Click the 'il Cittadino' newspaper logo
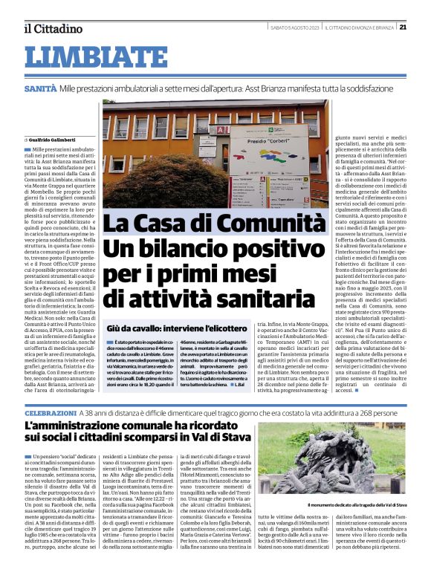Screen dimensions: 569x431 tap(53, 29)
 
